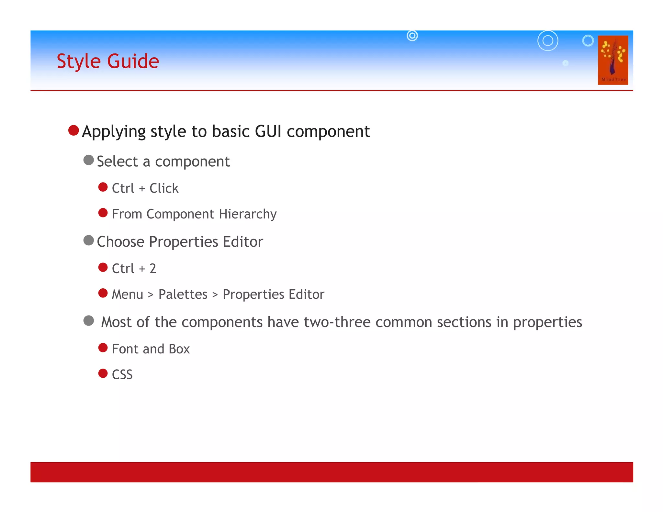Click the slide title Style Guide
[108, 61]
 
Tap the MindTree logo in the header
[613, 60]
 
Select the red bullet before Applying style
[74, 130]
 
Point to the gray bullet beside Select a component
[88, 160]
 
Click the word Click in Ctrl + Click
[164, 188]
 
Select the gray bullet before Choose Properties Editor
[88, 240]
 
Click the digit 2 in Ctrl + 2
[153, 269]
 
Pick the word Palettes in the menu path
[183, 295]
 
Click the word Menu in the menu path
[127, 295]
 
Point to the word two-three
[337, 322]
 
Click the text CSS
[122, 375]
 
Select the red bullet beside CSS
[103, 373]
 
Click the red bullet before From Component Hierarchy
[103, 213]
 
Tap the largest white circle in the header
[548, 41]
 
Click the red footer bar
[331, 472]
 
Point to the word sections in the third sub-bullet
[464, 322]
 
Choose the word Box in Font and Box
[179, 349]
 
